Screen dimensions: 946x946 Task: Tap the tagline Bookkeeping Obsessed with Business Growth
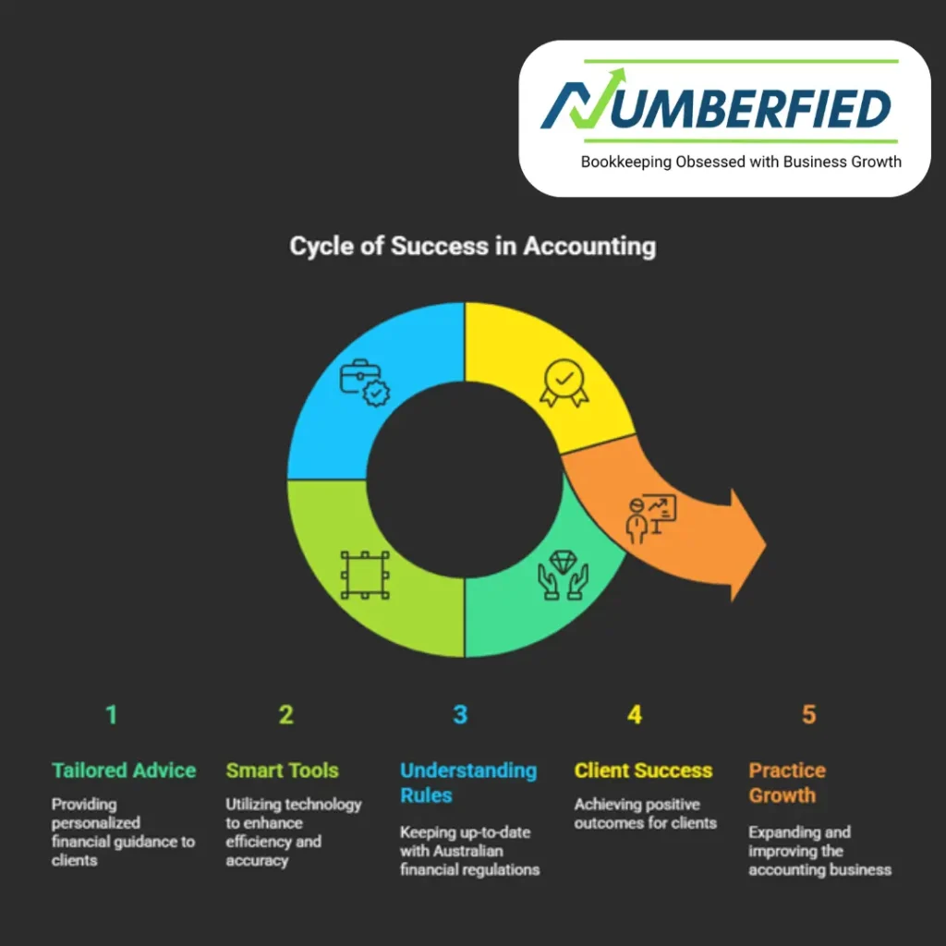(740, 162)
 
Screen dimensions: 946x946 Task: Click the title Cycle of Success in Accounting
(472, 247)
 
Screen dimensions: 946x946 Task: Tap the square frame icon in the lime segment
(365, 575)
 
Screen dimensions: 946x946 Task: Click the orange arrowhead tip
(763, 546)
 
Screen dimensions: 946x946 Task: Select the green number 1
(112, 714)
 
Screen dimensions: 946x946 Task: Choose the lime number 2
(286, 714)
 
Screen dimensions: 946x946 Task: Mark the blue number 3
(460, 714)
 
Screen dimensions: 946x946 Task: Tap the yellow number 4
(635, 714)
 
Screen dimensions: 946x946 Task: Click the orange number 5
(808, 714)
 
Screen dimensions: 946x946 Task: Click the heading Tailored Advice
(124, 770)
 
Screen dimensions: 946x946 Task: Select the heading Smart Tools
(282, 770)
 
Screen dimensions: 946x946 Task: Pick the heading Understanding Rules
(467, 782)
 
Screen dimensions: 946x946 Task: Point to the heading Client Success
(643, 770)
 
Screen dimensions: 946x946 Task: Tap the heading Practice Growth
(787, 782)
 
